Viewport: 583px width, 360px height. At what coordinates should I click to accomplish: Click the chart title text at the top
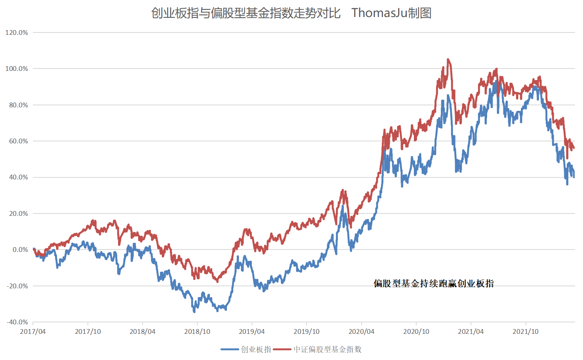291,13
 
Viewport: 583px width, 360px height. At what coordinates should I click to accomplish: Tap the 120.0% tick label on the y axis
17,32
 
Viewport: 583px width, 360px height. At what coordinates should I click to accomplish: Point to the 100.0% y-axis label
17,69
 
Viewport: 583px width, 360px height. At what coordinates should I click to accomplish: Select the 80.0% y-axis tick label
18,105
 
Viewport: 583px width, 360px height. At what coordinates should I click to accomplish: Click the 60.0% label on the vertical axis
18,141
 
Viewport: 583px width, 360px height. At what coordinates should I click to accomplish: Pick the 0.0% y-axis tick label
20,250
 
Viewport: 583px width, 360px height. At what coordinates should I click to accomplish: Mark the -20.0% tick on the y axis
17,286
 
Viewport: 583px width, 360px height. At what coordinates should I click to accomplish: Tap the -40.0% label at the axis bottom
17,322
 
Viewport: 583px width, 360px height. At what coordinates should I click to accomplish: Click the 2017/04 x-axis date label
33,331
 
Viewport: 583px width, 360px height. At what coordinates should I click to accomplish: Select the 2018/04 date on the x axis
142,331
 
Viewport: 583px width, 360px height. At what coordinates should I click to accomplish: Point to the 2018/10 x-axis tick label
197,331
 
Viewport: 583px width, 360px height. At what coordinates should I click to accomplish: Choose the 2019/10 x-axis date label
307,331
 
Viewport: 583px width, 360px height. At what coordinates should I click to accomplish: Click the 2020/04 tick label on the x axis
361,331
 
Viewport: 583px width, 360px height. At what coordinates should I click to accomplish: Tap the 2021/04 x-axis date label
471,331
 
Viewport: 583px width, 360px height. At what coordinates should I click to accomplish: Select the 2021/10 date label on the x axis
526,331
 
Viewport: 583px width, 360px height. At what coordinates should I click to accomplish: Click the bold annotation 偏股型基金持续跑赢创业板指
434,284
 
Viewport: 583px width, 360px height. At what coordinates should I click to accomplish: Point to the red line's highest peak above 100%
448,60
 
